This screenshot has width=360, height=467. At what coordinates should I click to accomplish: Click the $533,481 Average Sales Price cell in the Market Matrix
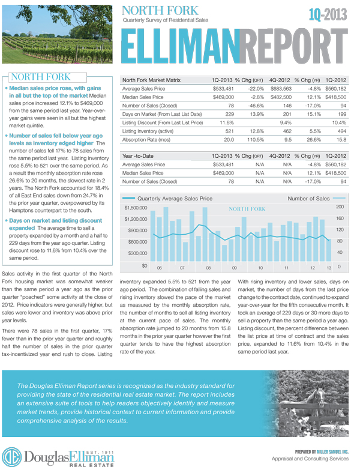click(x=223, y=88)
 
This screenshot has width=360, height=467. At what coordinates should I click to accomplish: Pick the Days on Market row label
click(x=155, y=113)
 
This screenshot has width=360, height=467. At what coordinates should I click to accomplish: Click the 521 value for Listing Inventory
click(x=228, y=130)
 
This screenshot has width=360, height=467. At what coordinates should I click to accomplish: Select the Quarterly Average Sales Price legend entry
click(x=174, y=198)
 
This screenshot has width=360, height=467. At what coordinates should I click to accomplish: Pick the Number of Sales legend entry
click(x=308, y=198)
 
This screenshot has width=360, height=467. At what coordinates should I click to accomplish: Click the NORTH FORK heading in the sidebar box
click(x=40, y=77)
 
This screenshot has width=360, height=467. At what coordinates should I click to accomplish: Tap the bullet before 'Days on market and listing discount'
click(x=7, y=221)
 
